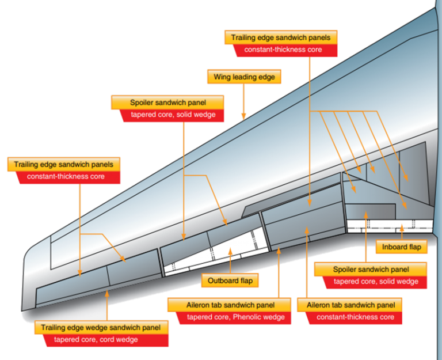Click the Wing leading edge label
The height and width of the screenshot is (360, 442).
tap(244, 77)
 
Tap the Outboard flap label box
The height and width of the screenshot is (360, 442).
tap(230, 281)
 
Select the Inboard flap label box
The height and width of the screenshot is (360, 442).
tap(401, 247)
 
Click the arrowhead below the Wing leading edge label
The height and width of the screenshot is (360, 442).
tap(244, 118)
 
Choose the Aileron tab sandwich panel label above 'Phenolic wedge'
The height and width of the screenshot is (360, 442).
tap(229, 305)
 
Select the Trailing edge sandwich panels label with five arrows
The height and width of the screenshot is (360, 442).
tap(281, 38)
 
